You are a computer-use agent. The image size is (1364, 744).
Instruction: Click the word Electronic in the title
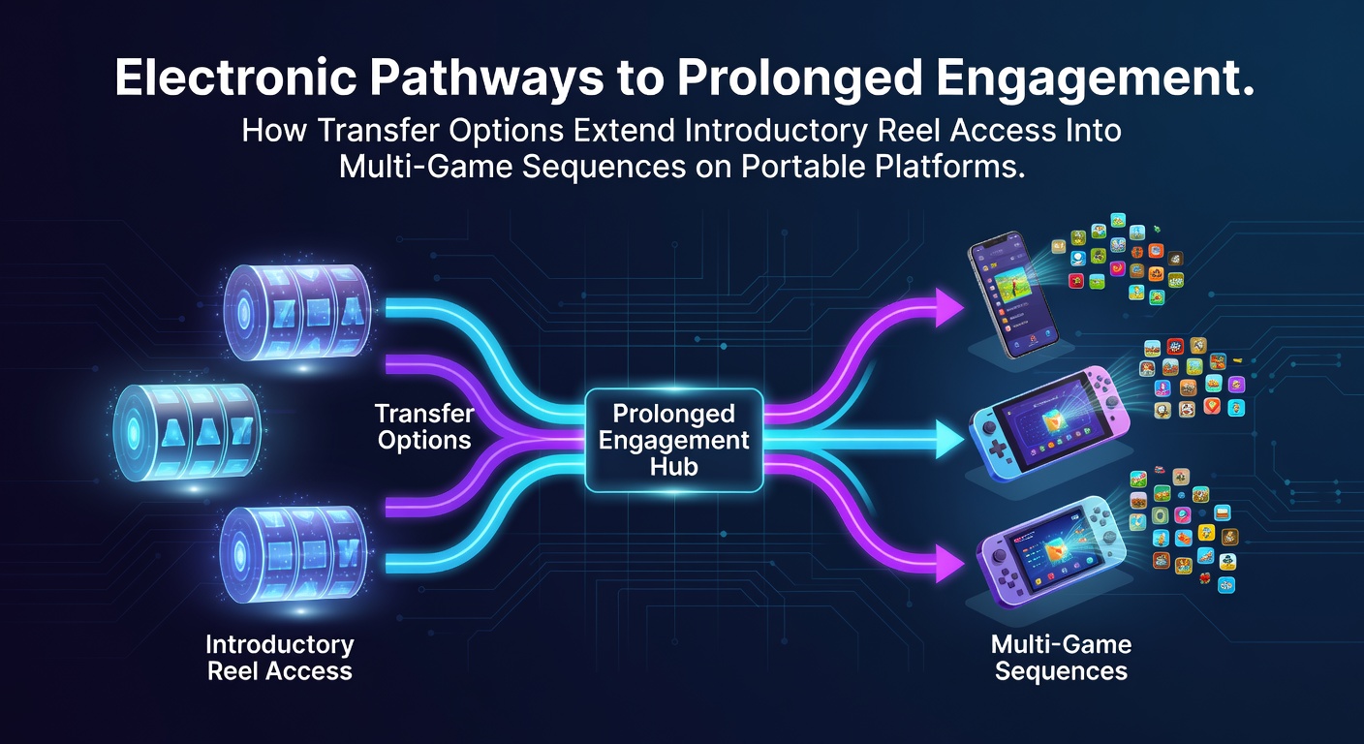(x=235, y=77)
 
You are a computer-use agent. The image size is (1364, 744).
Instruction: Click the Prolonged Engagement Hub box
(x=673, y=440)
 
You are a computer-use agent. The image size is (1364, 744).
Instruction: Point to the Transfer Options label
(x=424, y=427)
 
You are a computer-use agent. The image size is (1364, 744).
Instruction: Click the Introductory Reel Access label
(x=280, y=658)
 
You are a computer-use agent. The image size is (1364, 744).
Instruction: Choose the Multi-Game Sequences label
(x=1062, y=658)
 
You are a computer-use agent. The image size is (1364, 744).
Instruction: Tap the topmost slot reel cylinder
(x=297, y=312)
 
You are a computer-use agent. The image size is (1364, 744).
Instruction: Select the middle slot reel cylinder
(x=188, y=432)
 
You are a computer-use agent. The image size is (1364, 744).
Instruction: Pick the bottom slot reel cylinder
(x=294, y=553)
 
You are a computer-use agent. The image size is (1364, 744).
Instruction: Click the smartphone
(x=1012, y=294)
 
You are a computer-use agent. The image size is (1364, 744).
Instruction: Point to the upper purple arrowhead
(x=948, y=307)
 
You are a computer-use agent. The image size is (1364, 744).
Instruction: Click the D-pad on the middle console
(x=997, y=450)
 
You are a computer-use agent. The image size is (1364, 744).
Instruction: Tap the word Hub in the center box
(x=673, y=467)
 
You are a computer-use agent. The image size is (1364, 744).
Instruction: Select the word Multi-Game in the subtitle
(x=425, y=166)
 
